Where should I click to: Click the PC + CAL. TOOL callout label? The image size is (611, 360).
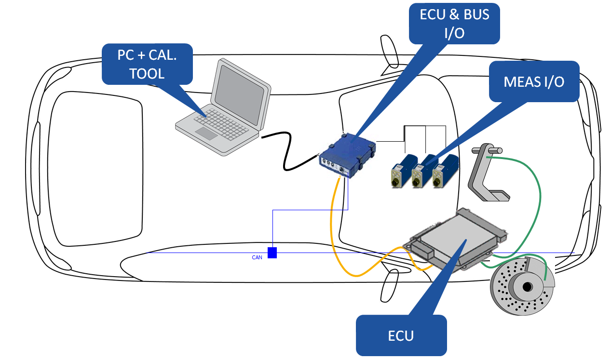click(147, 64)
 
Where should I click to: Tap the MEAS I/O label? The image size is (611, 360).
click(533, 81)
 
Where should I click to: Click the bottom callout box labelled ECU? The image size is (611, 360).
click(401, 335)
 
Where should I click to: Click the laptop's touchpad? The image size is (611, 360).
click(206, 133)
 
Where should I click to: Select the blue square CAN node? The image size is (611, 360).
click(272, 253)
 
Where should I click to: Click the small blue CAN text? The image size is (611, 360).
click(257, 257)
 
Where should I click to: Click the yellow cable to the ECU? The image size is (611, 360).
click(333, 227)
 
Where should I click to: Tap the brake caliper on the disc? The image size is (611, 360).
click(542, 273)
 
